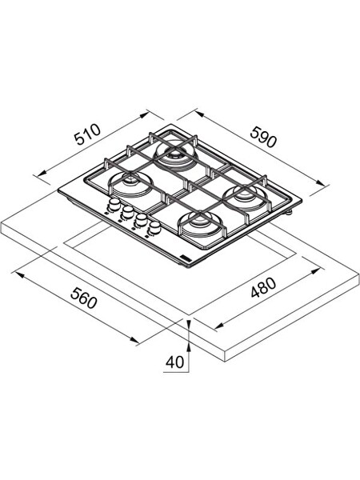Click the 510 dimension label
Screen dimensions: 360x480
pyautogui.click(x=88, y=134)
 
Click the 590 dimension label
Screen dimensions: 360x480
pyautogui.click(x=263, y=137)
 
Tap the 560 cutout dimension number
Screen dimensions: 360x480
pyautogui.click(x=83, y=298)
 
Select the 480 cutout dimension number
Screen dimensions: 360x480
pyautogui.click(x=263, y=287)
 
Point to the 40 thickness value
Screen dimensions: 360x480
pyautogui.click(x=174, y=362)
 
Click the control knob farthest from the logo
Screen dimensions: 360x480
pyautogui.click(x=114, y=203)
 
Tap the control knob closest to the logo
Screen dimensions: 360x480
pyautogui.click(x=155, y=227)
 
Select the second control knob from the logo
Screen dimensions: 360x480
pyautogui.click(x=141, y=219)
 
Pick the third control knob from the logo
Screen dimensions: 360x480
pyautogui.click(x=128, y=211)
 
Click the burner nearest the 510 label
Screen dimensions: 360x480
pyautogui.click(x=176, y=153)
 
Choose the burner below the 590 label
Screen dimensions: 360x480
pyautogui.click(x=246, y=197)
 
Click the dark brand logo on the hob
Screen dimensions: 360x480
pyautogui.click(x=186, y=258)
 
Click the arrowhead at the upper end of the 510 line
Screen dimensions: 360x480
pyautogui.click(x=145, y=115)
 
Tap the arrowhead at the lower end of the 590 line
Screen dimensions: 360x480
pyautogui.click(x=320, y=183)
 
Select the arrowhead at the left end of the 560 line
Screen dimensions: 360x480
pyautogui.click(x=19, y=274)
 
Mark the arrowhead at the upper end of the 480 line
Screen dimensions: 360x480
pyautogui.click(x=316, y=271)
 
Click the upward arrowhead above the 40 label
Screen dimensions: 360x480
pyautogui.click(x=189, y=347)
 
